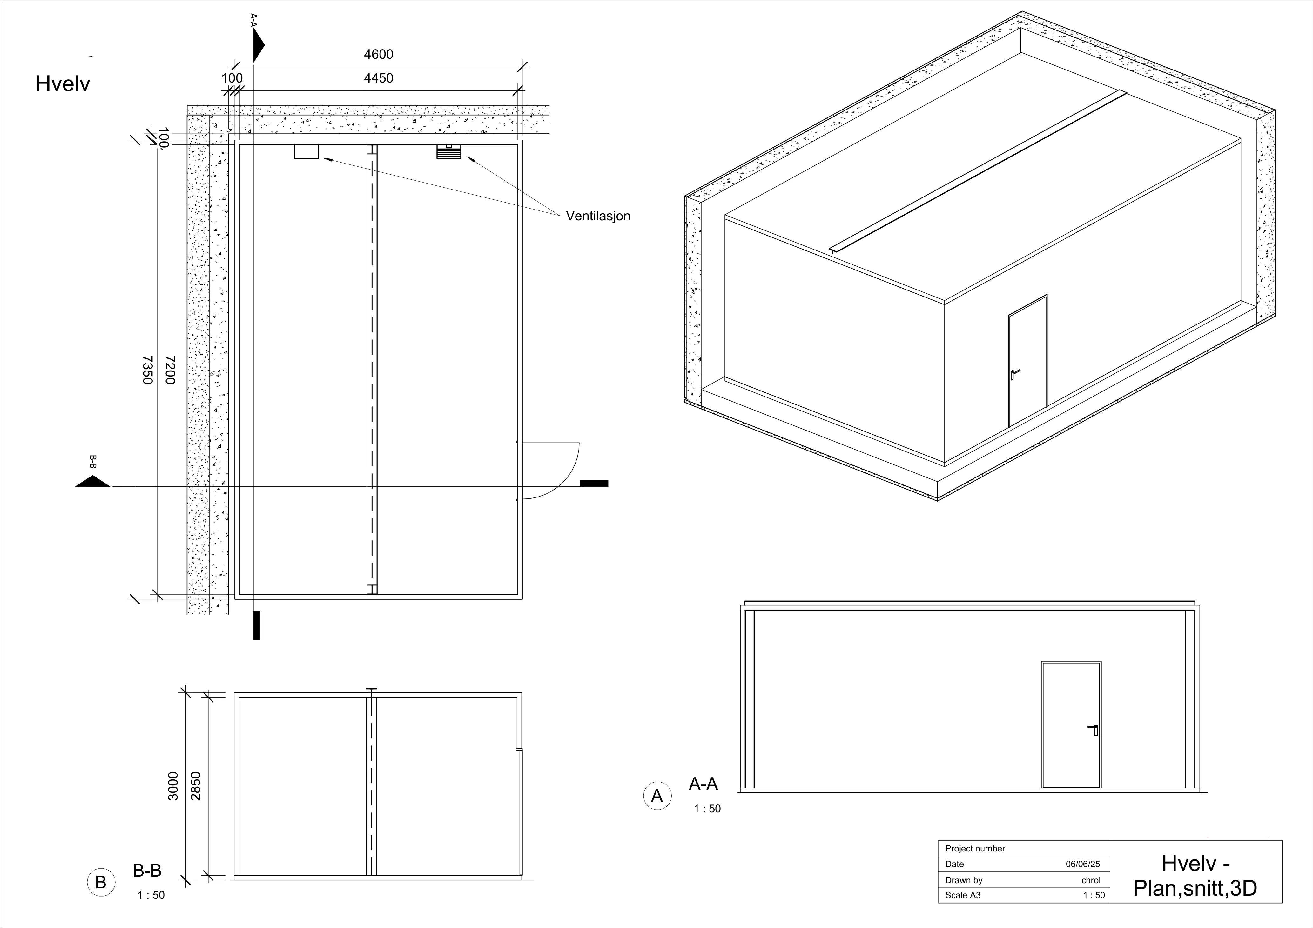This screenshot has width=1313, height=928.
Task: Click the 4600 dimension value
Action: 379,54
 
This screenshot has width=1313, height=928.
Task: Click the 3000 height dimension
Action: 173,786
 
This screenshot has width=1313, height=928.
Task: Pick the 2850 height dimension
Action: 196,786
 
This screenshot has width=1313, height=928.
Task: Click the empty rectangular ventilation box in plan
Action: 306,151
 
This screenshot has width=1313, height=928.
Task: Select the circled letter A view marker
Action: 657,795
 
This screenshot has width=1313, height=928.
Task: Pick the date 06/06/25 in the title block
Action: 1082,864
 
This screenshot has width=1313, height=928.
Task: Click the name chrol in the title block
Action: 1091,880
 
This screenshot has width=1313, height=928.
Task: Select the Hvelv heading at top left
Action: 63,84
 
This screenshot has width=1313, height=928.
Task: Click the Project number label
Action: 975,849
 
